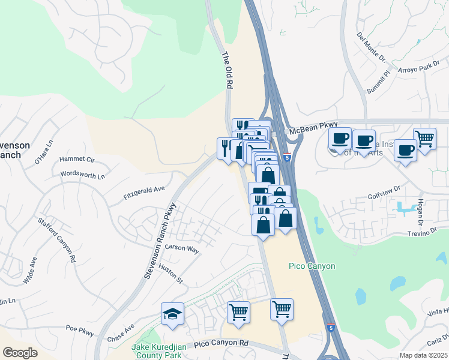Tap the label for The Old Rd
227,71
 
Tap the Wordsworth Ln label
83,175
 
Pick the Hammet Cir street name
77,160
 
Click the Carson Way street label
182,248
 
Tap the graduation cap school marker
172,313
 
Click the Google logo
20,353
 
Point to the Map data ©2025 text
423,355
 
